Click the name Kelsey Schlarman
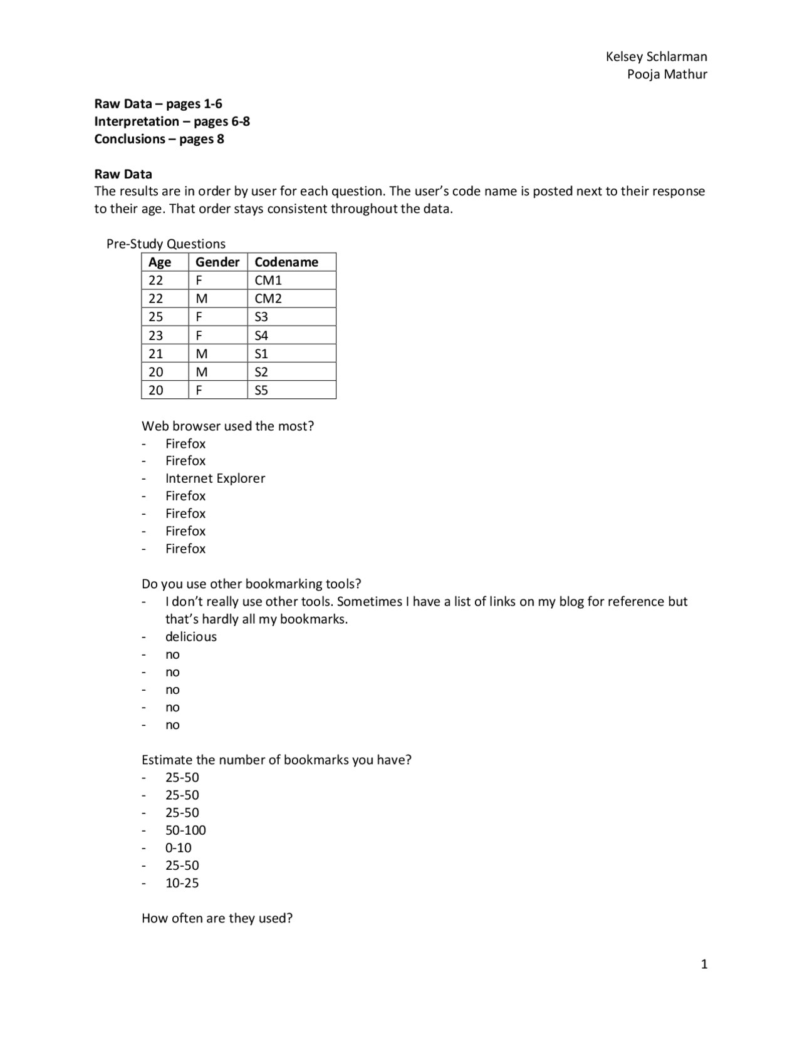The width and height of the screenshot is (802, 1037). click(656, 56)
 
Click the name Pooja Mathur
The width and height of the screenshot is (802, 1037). click(667, 74)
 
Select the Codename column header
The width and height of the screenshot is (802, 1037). click(286, 262)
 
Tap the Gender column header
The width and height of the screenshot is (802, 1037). click(217, 262)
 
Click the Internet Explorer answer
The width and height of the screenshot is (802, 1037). click(215, 478)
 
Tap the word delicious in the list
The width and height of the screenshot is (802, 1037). click(190, 636)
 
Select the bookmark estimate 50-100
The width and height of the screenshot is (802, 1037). click(185, 830)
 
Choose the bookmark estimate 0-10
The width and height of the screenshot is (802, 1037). click(179, 847)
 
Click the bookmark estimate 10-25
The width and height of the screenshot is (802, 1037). click(182, 882)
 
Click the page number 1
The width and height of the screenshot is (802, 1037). click(704, 964)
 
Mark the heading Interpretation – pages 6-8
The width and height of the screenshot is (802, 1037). click(172, 121)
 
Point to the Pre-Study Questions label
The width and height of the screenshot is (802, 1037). click(166, 244)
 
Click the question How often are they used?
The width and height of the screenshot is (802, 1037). click(217, 918)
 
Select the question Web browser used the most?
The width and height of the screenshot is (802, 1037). click(227, 426)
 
